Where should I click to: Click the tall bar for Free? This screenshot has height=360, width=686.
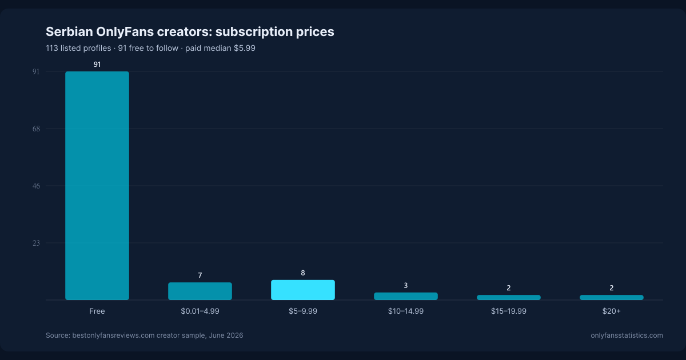coord(97,186)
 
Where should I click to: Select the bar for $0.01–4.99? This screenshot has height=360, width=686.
coord(200,291)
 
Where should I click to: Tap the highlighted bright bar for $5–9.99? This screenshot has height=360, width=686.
coord(303,290)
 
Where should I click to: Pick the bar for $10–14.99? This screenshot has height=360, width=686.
coord(406,296)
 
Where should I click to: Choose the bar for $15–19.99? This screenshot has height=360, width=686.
coord(509,297)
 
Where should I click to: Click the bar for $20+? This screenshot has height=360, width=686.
coord(612,297)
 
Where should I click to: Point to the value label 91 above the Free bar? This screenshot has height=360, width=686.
coord(97,64)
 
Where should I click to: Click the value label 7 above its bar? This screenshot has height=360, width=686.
coord(200,275)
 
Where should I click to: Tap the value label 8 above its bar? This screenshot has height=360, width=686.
coord(303,273)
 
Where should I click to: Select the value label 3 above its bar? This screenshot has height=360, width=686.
coord(406,285)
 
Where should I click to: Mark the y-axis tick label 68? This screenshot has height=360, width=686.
coord(36,129)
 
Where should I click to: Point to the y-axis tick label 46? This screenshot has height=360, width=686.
coord(36,186)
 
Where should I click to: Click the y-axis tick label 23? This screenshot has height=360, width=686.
coord(36,243)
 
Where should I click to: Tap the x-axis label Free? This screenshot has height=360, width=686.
coord(97,311)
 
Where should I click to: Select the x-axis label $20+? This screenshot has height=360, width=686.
coord(612,311)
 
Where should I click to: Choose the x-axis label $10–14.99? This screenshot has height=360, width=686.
coord(406,311)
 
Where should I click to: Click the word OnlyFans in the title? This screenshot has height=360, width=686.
coord(125,32)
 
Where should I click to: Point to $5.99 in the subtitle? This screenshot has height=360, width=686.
coord(245,48)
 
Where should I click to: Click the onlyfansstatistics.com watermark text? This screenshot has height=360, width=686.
coord(627,335)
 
